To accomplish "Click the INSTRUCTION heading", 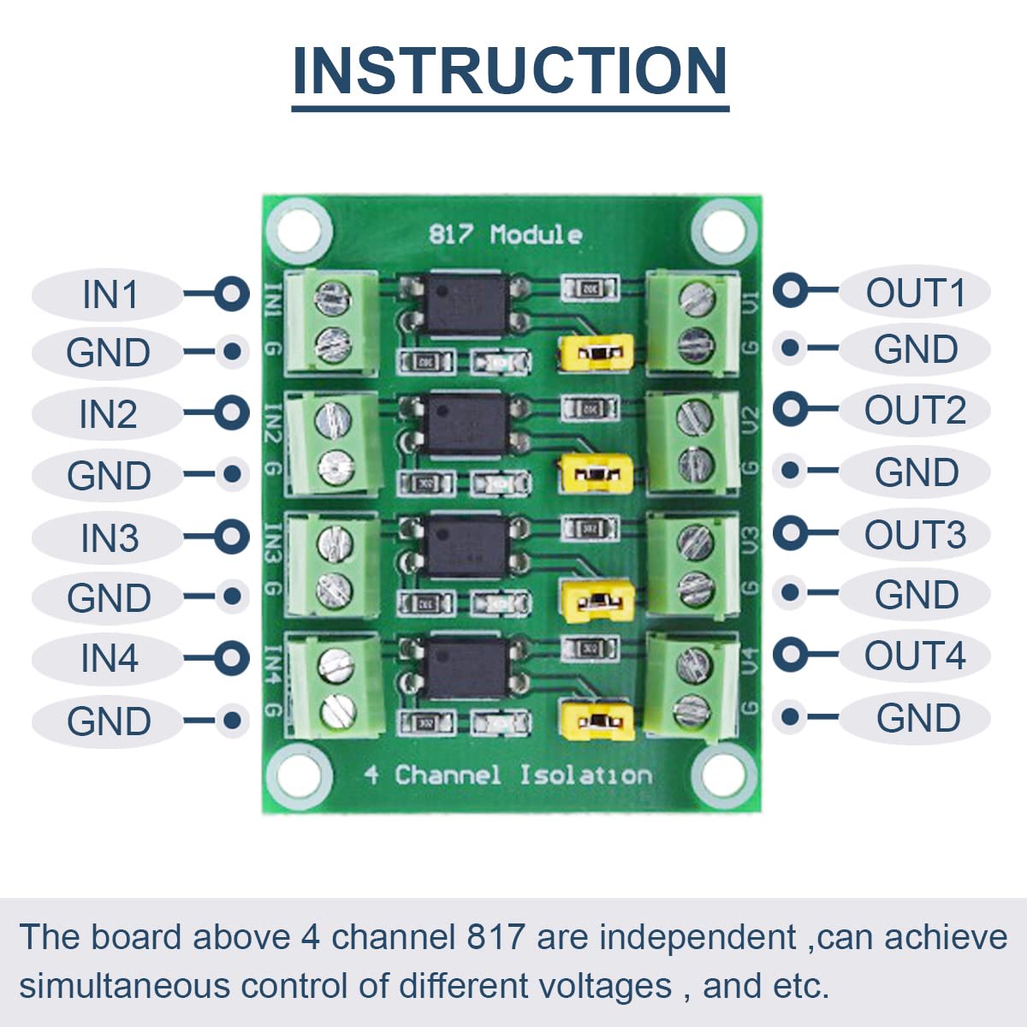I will pos(510,71).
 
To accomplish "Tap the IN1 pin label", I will pos(110,294).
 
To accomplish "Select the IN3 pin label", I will pos(110,538).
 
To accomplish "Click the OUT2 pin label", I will pos(915,410).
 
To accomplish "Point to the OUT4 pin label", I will pos(915,656).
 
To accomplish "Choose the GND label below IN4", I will pos(109,721).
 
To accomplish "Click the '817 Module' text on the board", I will pos(505,234).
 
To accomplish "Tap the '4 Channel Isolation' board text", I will pos(507,775).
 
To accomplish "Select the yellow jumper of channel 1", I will pos(596,352).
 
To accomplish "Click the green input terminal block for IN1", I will pos(330,321).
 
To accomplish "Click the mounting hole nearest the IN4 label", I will pos(299,778).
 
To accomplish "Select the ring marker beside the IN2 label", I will pos(231,413).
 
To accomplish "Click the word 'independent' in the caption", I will pos(698,937).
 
